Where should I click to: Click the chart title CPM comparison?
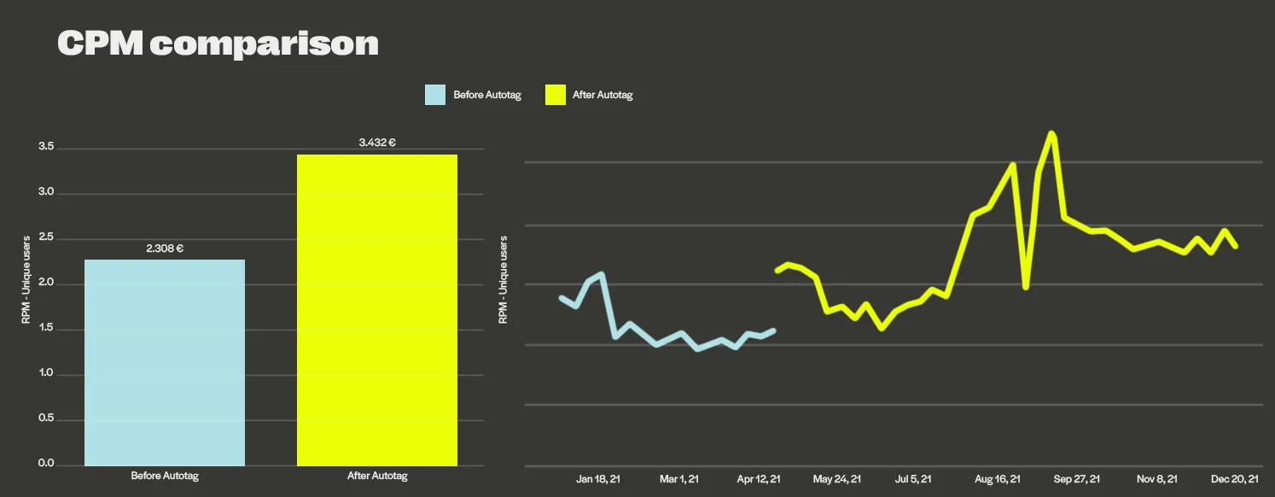[218, 44]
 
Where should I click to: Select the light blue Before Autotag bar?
[165, 362]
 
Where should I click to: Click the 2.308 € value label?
[165, 248]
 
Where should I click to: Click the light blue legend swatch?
[435, 95]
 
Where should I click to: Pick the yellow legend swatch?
[555, 95]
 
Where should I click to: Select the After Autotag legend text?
[603, 95]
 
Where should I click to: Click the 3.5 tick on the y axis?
[46, 148]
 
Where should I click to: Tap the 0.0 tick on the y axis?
[46, 465]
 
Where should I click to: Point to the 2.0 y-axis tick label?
[46, 284]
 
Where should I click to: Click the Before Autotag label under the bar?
[165, 476]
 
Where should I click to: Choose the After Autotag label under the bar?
[377, 476]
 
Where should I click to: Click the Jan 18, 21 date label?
[598, 479]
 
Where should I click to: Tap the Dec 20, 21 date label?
[1234, 479]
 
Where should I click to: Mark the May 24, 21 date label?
[837, 479]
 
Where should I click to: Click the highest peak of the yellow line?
[1051, 133]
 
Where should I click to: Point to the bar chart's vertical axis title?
[26, 280]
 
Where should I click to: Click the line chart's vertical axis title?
[503, 280]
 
